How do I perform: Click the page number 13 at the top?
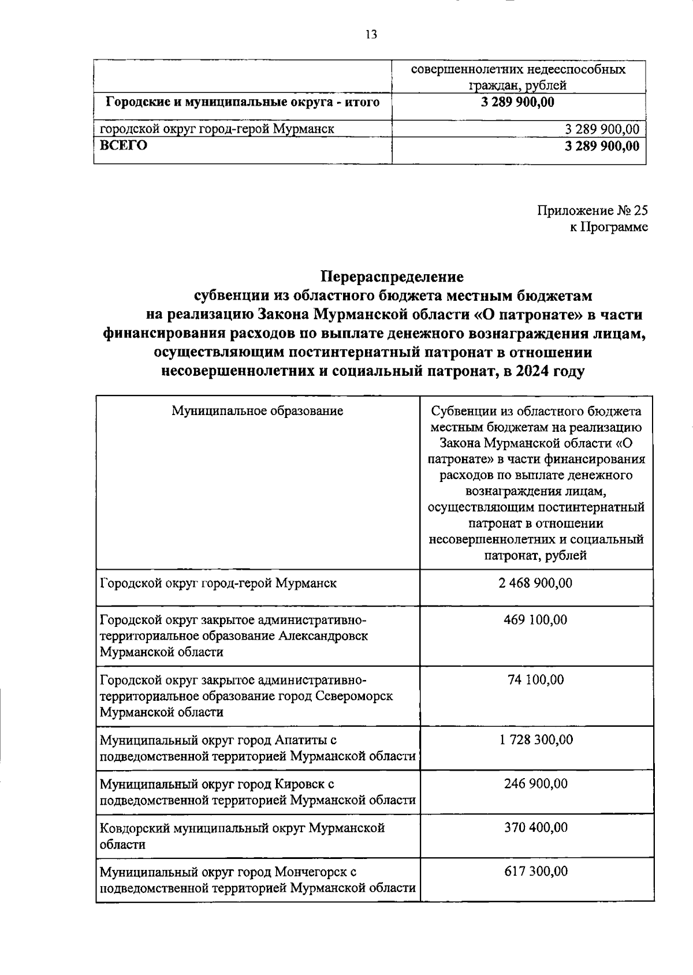(371, 35)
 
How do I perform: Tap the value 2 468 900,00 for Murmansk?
(535, 583)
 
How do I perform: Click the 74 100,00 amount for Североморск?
(535, 680)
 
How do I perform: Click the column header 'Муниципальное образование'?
(258, 411)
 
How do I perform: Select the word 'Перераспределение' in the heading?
(392, 277)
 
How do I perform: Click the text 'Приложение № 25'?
(593, 210)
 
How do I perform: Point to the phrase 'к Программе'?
(609, 227)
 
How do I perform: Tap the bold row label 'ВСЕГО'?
(123, 145)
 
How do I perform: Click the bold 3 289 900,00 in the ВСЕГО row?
(602, 146)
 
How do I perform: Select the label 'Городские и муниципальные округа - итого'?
(243, 103)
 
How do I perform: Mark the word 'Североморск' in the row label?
(355, 696)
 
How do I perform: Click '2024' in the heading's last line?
(526, 371)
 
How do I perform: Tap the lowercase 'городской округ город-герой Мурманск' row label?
(217, 129)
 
